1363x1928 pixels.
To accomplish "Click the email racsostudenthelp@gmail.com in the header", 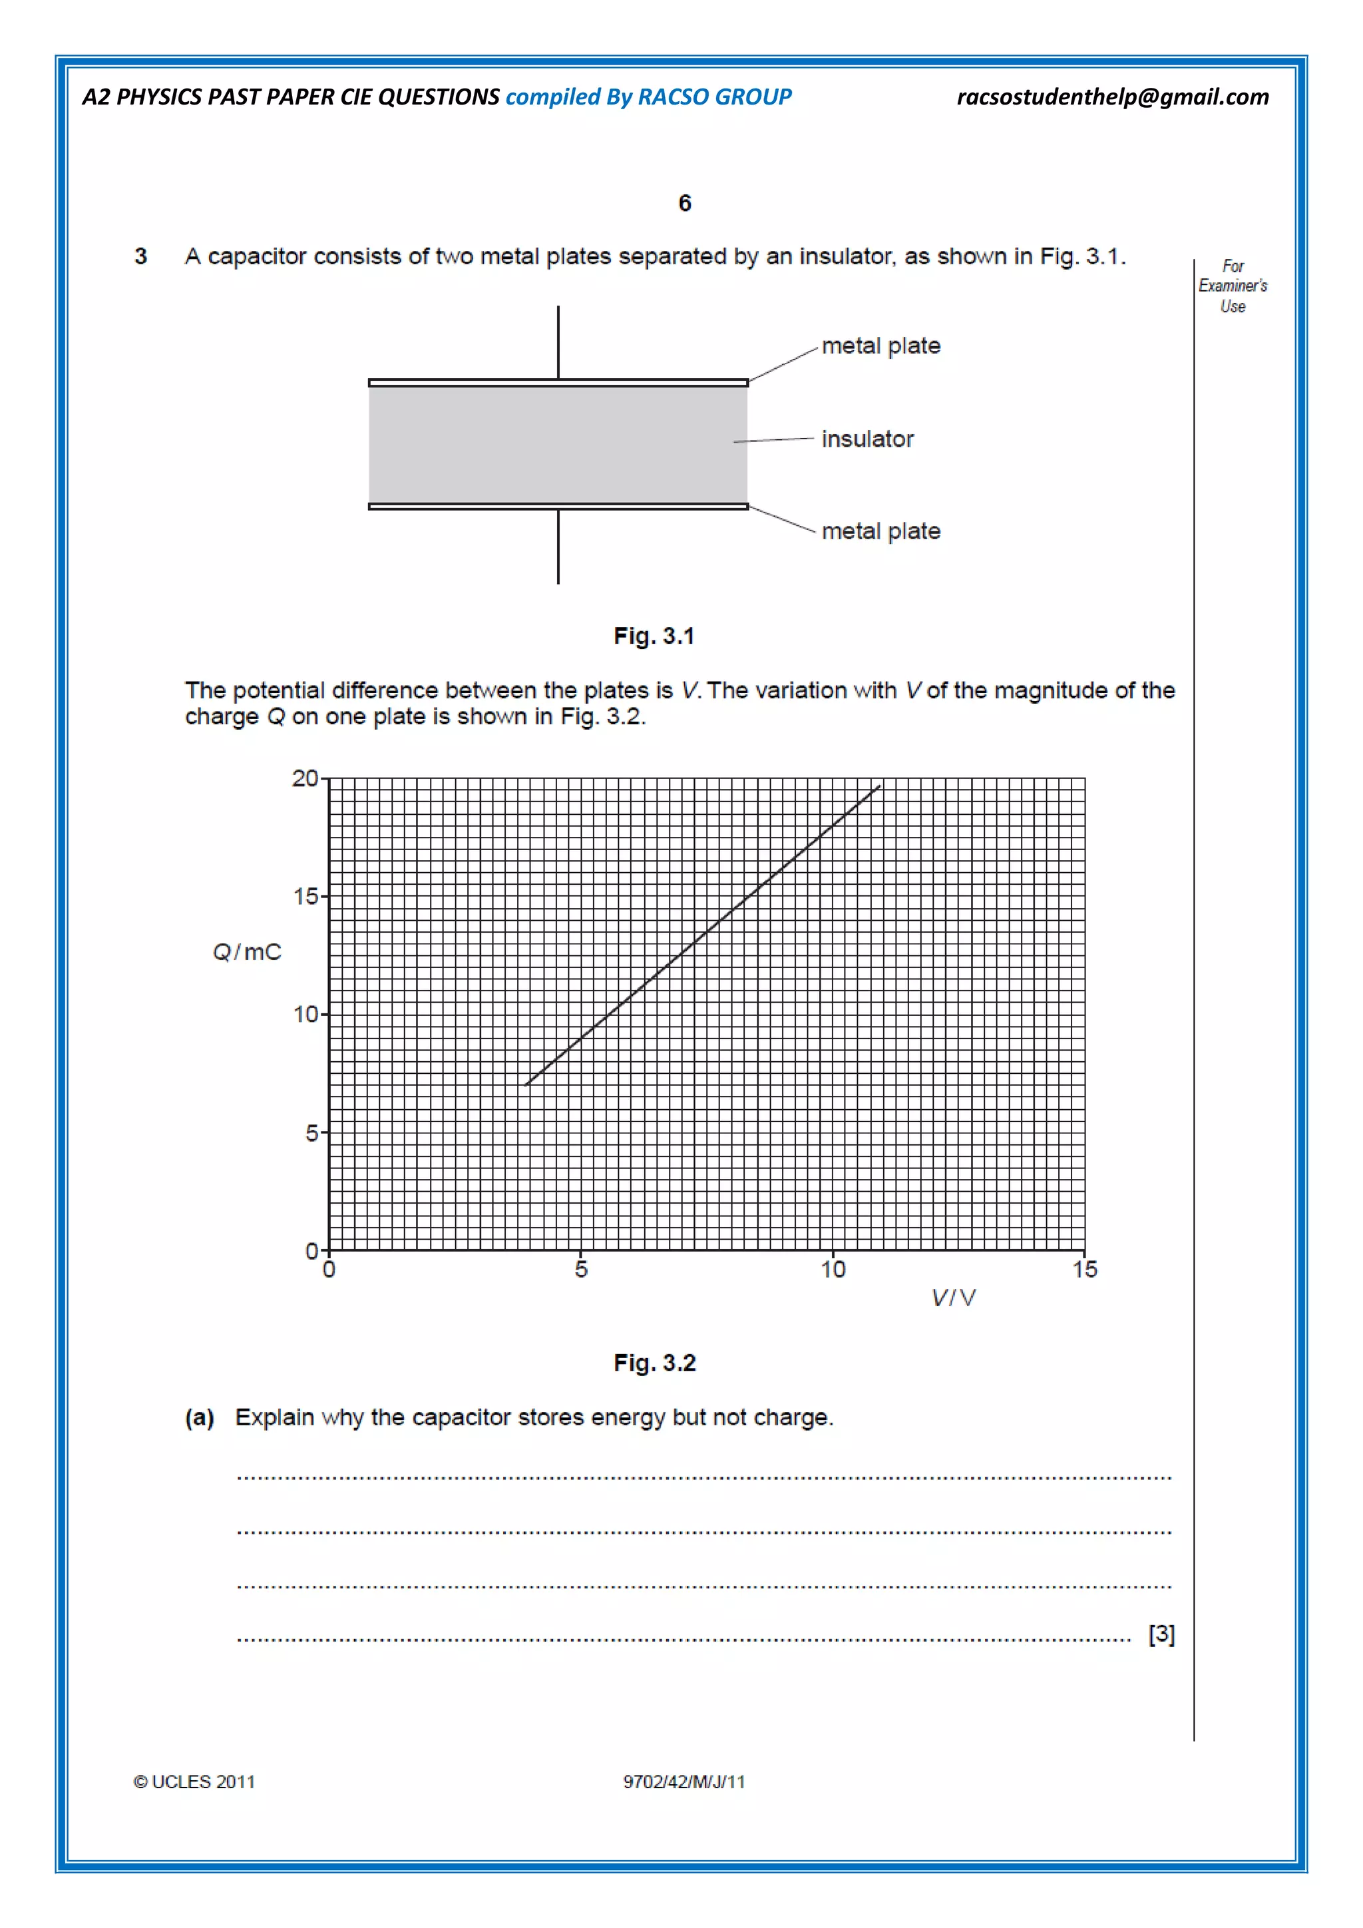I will point(1112,97).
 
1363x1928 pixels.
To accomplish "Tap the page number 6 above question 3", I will point(684,203).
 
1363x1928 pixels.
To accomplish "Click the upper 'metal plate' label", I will point(880,346).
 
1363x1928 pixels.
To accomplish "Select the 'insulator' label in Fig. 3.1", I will point(867,439).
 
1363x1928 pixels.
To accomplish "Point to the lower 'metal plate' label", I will point(880,531).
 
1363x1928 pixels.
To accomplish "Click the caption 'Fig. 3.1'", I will point(654,636).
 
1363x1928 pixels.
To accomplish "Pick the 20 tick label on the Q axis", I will point(305,778).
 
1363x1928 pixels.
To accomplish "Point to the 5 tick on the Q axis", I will point(311,1134).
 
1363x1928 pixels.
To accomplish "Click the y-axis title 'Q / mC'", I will point(247,952).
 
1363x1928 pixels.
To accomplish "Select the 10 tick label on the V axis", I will point(833,1270).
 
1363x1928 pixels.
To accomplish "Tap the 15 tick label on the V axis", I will point(1084,1270).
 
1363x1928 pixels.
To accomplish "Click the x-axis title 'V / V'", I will point(954,1298).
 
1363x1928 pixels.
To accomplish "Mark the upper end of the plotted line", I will point(880,786).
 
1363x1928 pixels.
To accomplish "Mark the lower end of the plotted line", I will point(526,1085).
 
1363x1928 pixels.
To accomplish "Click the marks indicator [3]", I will point(1161,1634).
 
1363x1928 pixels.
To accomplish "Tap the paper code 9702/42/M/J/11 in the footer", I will point(683,1782).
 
